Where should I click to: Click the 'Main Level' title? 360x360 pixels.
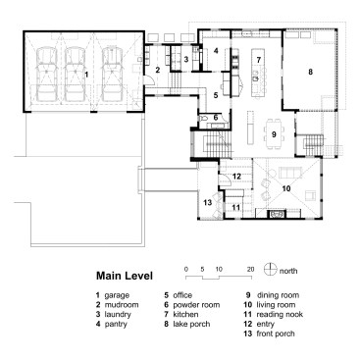coord(125,276)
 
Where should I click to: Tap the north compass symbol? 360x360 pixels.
coord(270,270)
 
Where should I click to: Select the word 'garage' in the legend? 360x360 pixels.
coord(117,295)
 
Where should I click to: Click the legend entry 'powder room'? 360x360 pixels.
coord(196,305)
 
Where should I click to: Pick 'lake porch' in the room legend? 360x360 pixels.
coord(191,324)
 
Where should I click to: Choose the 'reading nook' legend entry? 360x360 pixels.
coord(280,315)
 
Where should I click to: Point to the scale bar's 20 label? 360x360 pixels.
coord(250,270)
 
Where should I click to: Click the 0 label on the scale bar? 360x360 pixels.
coord(186,270)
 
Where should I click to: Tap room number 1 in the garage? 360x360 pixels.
coord(86,75)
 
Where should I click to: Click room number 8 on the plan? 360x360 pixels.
coord(310,72)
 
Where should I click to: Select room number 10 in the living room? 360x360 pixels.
coord(286,188)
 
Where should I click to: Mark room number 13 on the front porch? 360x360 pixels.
coord(208,203)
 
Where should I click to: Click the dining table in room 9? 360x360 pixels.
coord(275,134)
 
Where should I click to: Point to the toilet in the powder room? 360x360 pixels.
coord(203,117)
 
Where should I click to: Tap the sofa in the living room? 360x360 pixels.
coord(289,173)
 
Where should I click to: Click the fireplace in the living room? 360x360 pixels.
coord(278,214)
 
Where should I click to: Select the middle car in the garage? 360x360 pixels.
coord(76,75)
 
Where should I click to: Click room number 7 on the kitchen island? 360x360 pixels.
coord(258,60)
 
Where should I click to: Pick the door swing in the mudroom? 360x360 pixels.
coord(148,79)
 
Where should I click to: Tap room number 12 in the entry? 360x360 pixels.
coord(236,177)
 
